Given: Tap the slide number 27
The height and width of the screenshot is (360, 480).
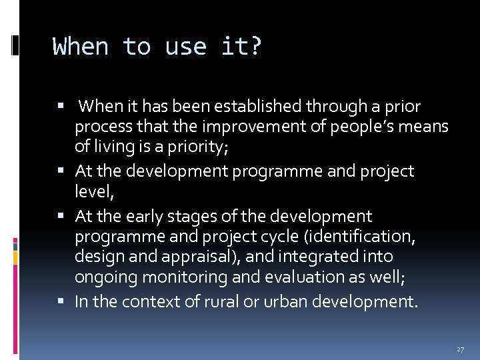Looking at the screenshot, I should pos(460,349).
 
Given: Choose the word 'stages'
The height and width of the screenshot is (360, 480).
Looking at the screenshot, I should pos(196,217).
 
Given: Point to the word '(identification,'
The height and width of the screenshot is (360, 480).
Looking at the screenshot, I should pos(347,237).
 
